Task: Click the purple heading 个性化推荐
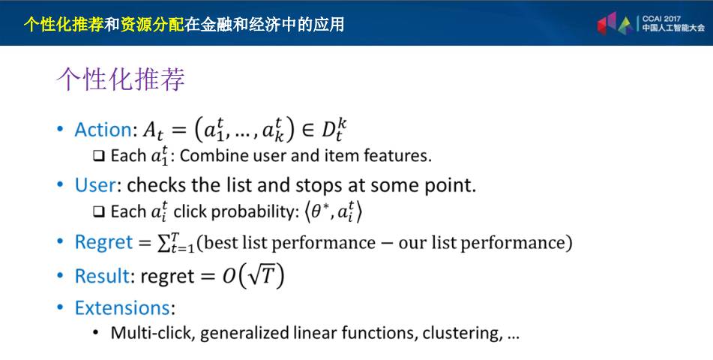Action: point(121,79)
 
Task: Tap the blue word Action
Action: point(103,129)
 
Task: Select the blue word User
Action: point(95,185)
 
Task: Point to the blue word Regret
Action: point(103,242)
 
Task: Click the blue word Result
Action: point(102,276)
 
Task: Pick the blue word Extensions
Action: point(122,308)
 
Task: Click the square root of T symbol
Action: point(261,275)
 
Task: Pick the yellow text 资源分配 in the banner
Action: point(152,24)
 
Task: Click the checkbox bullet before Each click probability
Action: point(99,212)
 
